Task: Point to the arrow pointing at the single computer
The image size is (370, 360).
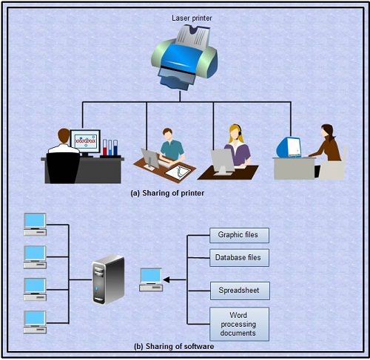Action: tap(175, 279)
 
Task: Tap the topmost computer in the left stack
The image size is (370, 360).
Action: tap(35, 223)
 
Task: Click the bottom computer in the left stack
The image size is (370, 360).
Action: tap(35, 319)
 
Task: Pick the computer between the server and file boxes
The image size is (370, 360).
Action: tap(150, 279)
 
